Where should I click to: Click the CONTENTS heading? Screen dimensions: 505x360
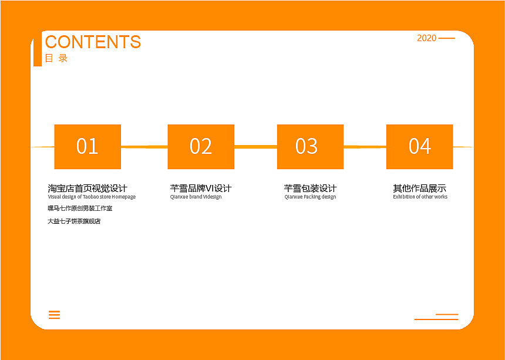[93, 42]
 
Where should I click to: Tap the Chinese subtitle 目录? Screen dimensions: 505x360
[56, 58]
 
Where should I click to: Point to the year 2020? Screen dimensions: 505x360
[427, 38]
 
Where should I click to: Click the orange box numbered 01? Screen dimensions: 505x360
[87, 146]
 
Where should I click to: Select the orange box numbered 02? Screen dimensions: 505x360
[201, 146]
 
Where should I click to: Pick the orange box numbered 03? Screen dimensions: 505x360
[310, 146]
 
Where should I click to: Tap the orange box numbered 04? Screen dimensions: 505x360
[420, 146]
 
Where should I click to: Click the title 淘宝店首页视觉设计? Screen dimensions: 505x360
[87, 188]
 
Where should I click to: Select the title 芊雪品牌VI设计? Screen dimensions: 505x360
[201, 188]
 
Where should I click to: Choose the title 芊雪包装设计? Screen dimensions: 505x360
[310, 188]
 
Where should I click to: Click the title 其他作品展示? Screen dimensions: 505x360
[420, 188]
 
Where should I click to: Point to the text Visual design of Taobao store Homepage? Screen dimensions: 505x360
[92, 197]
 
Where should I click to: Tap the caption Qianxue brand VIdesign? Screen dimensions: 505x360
[196, 197]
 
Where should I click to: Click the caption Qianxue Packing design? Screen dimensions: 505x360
[310, 197]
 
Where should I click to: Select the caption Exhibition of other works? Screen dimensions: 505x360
[420, 196]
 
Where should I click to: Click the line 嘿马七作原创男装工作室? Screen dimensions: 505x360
[80, 208]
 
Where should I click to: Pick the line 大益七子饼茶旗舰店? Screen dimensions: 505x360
[74, 221]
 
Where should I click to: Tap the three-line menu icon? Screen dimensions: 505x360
[55, 315]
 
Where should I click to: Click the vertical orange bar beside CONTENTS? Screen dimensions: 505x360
[38, 48]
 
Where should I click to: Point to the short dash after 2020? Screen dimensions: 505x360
[447, 38]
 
